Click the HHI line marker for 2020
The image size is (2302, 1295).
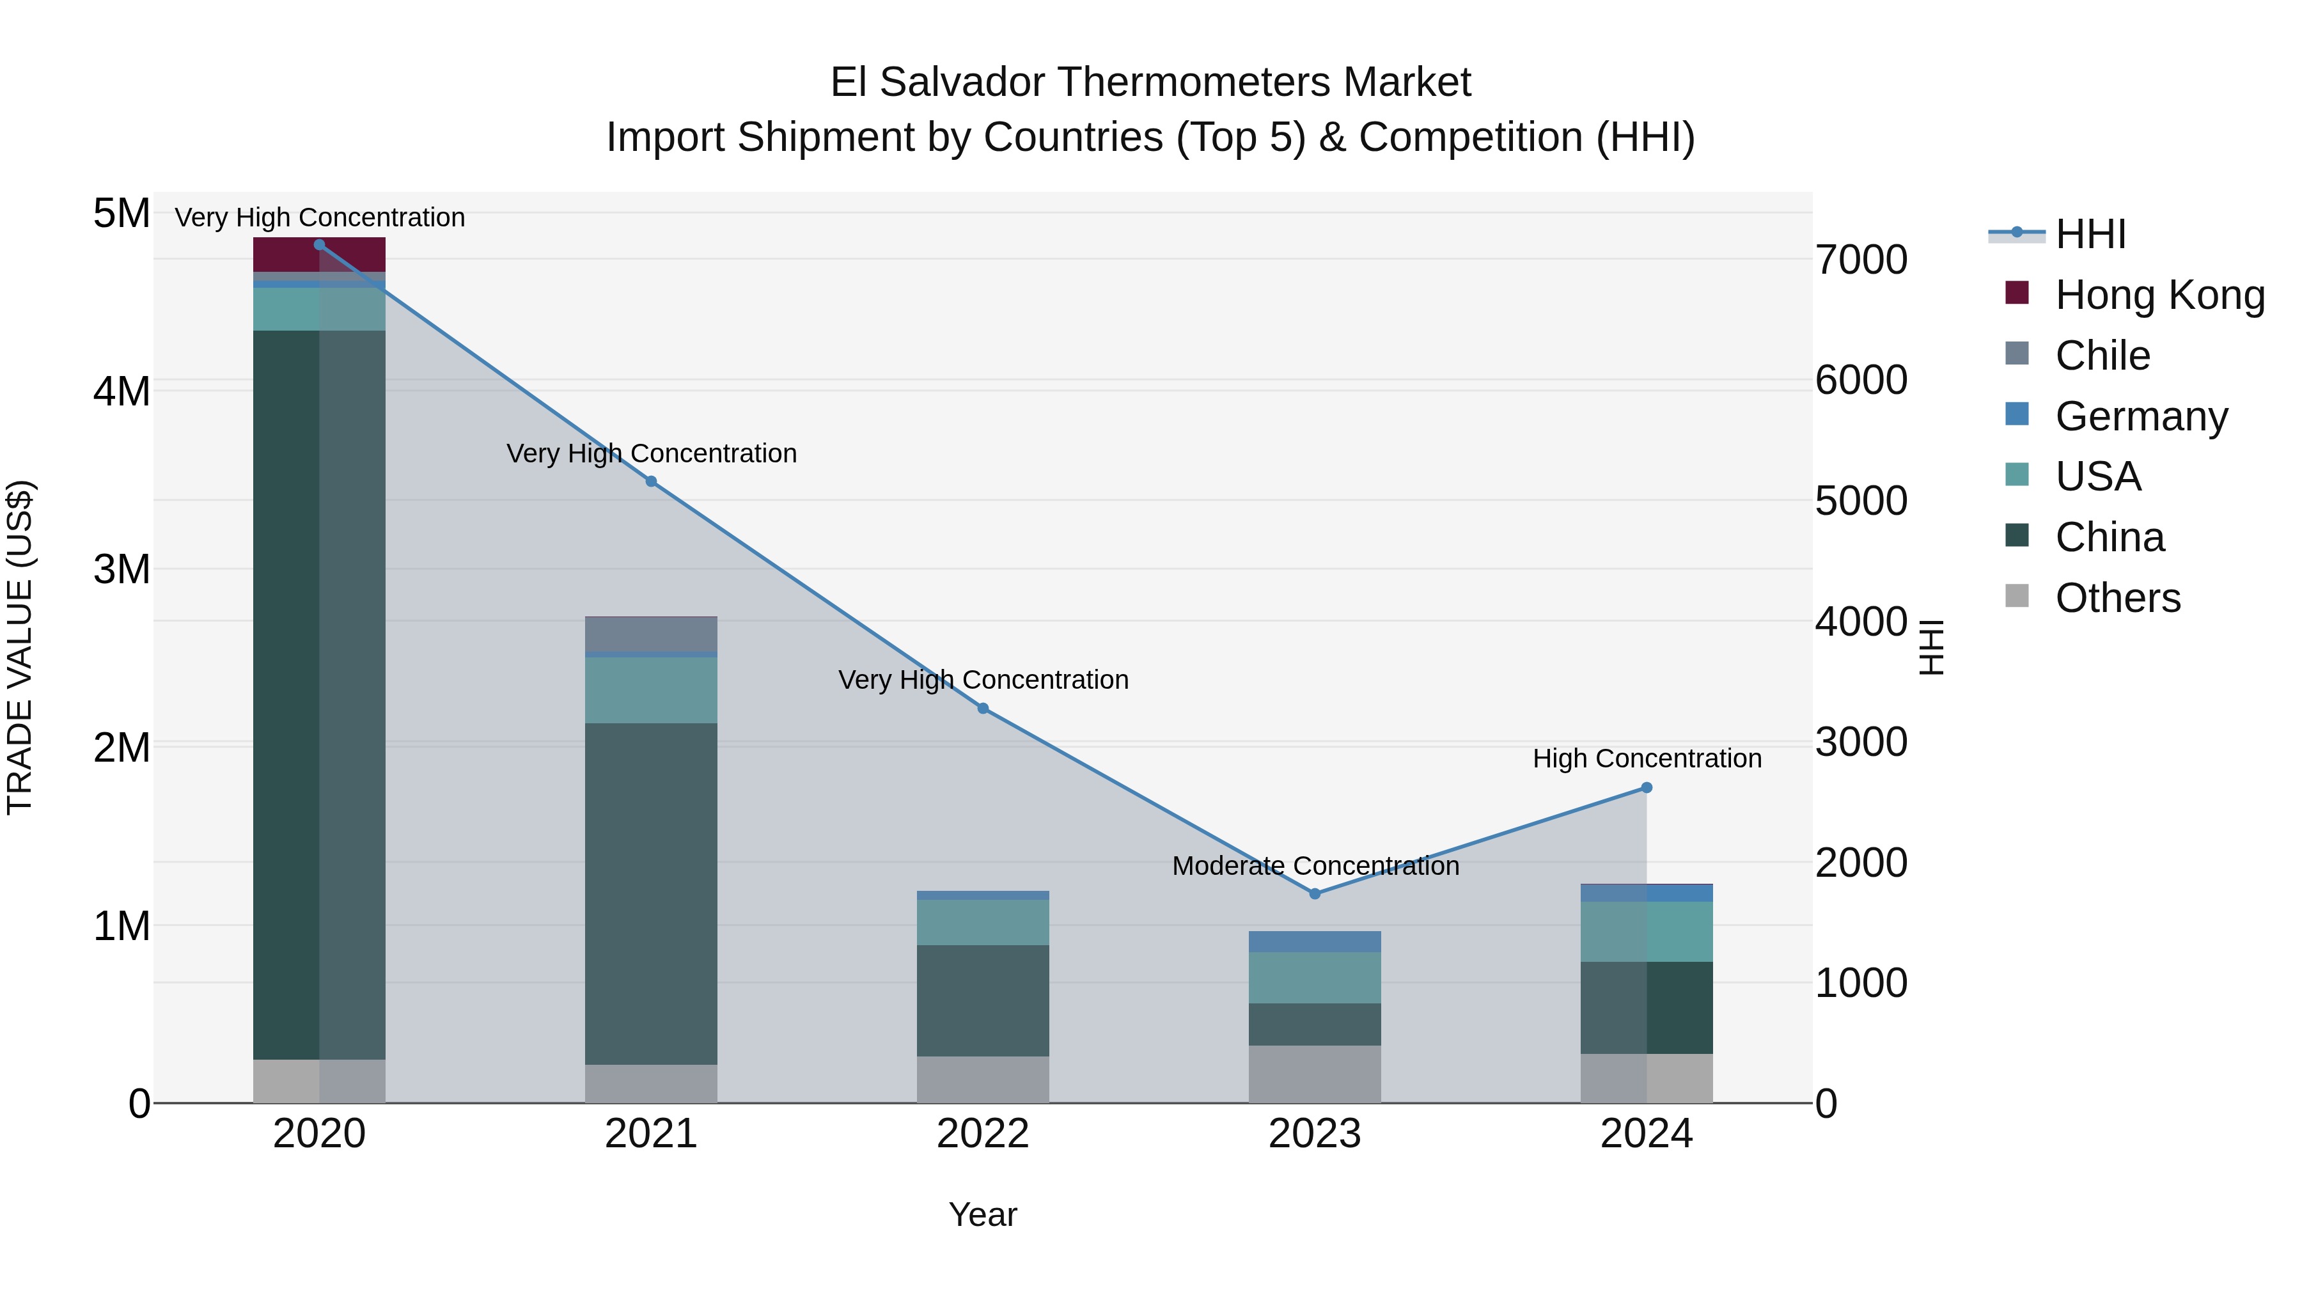319,244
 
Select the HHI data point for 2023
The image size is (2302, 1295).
1315,894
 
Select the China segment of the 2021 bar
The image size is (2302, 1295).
650,894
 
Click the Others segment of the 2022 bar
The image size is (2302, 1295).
983,1079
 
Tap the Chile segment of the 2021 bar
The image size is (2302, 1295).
650,634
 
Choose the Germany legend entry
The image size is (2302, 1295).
2141,416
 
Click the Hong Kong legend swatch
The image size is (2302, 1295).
2017,293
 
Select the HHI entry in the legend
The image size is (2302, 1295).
2089,234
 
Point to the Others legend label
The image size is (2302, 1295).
2117,598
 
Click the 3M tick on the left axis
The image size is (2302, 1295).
121,569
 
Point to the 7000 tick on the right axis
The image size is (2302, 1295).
1861,260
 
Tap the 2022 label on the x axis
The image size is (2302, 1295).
983,1134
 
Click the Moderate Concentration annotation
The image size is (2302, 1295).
1315,865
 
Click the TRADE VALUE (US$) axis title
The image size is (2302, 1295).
20,647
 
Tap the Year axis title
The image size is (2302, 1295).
982,1214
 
